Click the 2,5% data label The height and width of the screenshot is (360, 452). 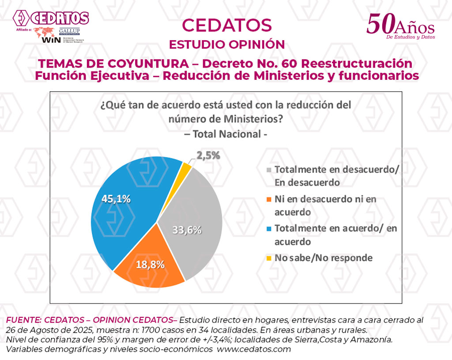[207, 155]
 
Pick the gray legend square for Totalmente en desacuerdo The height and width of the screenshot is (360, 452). [269, 170]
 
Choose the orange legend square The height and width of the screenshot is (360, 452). [269, 199]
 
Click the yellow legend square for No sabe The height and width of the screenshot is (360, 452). [269, 258]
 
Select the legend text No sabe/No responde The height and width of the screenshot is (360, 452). [324, 258]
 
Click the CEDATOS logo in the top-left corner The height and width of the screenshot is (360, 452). [51, 19]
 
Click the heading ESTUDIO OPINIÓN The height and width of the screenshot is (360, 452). [227, 45]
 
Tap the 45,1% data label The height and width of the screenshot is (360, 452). [116, 199]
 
